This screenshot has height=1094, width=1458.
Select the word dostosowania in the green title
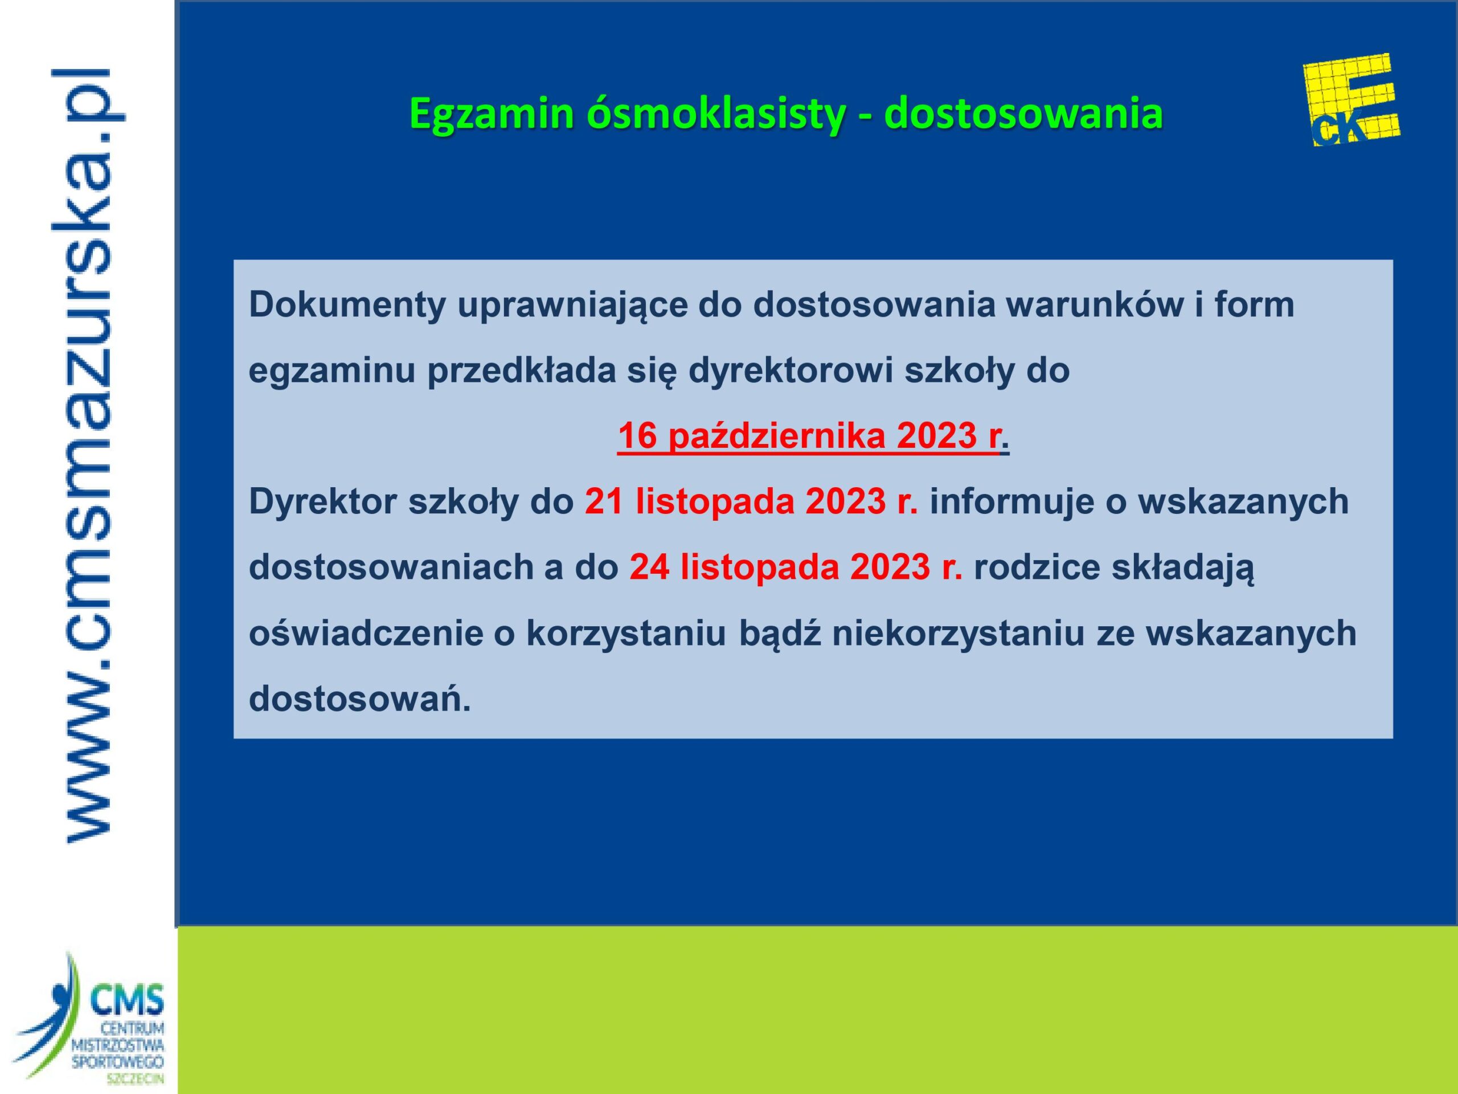[1023, 113]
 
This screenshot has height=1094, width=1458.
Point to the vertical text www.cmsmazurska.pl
[88, 455]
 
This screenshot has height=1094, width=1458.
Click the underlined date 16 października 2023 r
[808, 436]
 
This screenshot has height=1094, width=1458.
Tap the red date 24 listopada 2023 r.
[796, 567]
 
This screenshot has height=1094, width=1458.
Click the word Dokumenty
[347, 305]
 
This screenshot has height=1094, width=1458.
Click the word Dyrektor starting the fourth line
[323, 503]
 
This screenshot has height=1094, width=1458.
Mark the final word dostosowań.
[360, 699]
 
